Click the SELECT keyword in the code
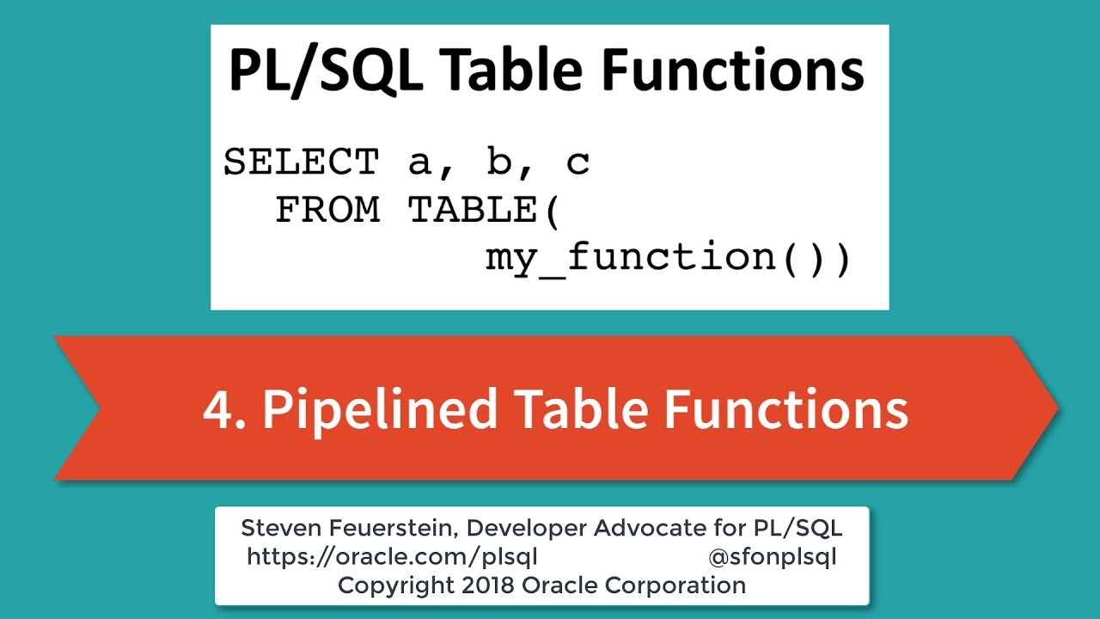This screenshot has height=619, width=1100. (301, 162)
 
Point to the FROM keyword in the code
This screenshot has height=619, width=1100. (327, 210)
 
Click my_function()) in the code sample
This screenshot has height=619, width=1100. (668, 257)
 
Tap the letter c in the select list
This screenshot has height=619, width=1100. (577, 162)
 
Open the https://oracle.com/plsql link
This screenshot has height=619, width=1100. (392, 557)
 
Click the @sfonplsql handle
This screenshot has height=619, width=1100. (772, 557)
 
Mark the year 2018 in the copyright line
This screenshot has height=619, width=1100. (483, 585)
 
